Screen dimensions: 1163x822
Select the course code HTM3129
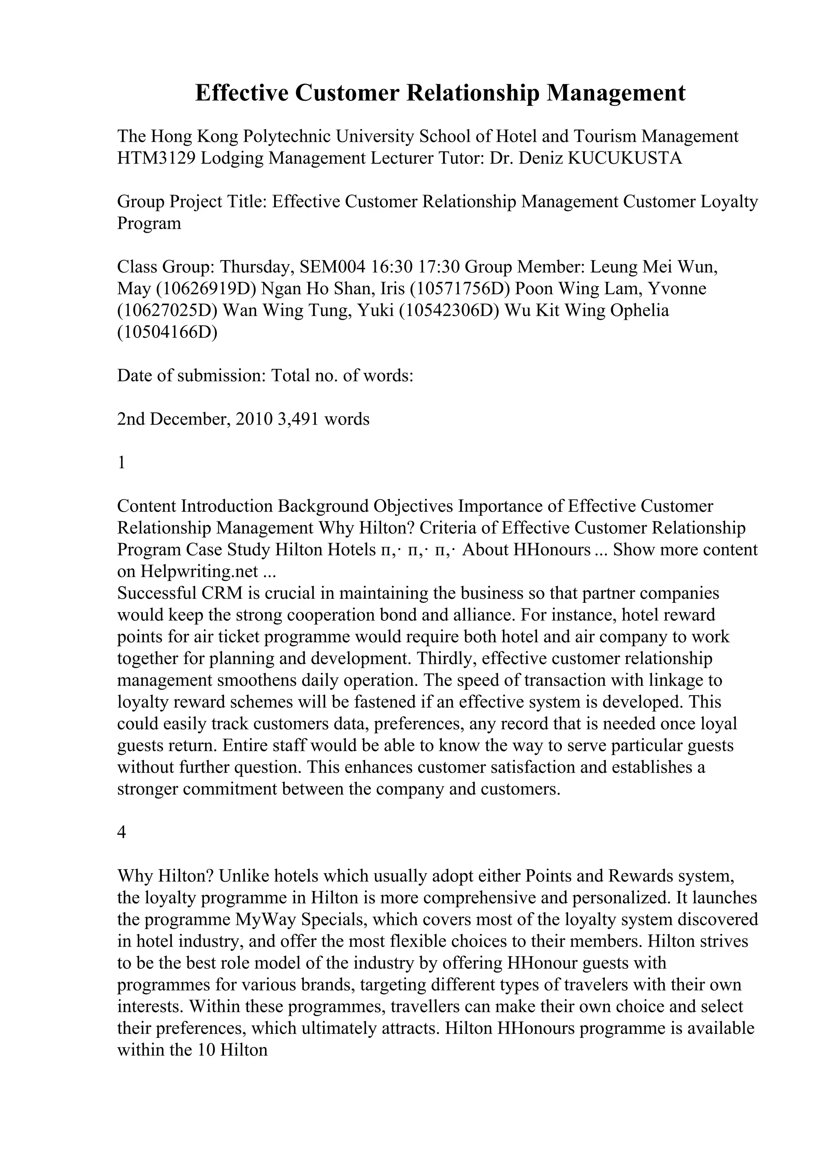pos(156,159)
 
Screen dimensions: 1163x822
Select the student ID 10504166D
pos(167,332)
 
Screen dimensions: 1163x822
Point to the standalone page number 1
pos(121,463)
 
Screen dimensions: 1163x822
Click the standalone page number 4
pos(121,833)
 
